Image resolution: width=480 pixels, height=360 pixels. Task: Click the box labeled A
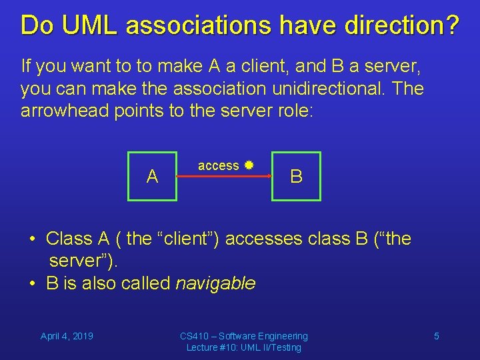[x=153, y=176]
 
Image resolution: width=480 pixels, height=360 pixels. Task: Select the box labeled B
[x=296, y=176]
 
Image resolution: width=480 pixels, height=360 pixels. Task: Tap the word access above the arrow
[x=218, y=165]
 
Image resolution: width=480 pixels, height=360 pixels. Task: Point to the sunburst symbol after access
[x=249, y=165]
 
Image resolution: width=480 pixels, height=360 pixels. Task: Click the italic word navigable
[x=215, y=283]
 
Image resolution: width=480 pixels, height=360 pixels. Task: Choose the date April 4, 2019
[x=67, y=336]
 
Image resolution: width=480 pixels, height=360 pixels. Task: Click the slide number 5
[x=437, y=336]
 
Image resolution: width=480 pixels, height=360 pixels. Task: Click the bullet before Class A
[x=33, y=239]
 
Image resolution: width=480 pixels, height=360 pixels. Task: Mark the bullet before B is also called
[x=33, y=283]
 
